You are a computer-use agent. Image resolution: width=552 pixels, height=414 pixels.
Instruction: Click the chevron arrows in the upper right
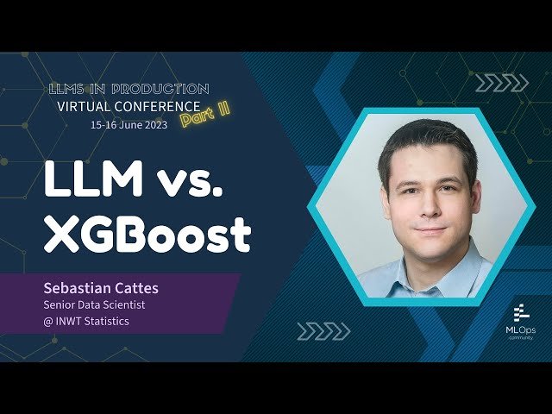(x=502, y=84)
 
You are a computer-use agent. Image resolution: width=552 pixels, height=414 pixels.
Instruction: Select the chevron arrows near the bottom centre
(x=323, y=330)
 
